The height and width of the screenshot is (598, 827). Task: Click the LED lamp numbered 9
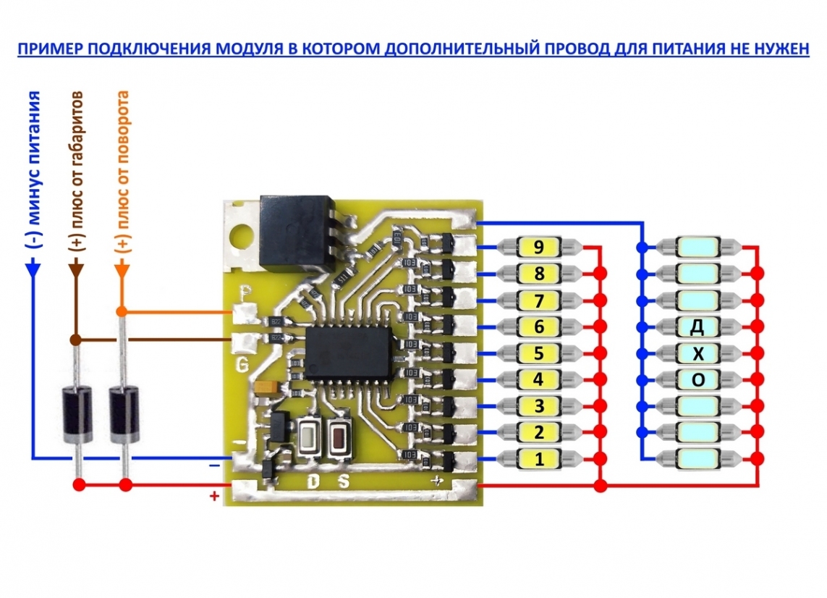[x=538, y=248]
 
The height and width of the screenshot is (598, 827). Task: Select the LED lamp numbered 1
[x=538, y=458]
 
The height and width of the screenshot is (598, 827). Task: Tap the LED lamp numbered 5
[x=538, y=353]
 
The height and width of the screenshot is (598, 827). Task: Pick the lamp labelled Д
[x=697, y=327]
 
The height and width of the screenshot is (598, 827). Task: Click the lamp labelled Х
[x=697, y=353]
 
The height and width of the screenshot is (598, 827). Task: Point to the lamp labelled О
[x=697, y=379]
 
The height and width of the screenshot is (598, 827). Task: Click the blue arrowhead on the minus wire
[x=33, y=269]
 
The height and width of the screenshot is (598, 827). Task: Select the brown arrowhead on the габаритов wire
[x=76, y=269]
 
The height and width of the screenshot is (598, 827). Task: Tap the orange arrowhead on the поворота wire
[x=122, y=269]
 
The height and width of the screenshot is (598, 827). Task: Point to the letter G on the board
[x=242, y=363]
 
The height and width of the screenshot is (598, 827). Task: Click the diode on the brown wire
[x=76, y=415]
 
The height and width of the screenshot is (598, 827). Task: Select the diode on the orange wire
[x=124, y=415]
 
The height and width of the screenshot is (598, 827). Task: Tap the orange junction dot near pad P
[x=122, y=311]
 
